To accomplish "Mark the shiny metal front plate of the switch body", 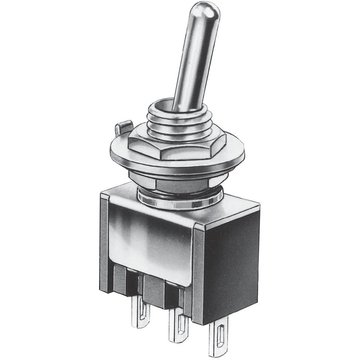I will pyautogui.click(x=151, y=238).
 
